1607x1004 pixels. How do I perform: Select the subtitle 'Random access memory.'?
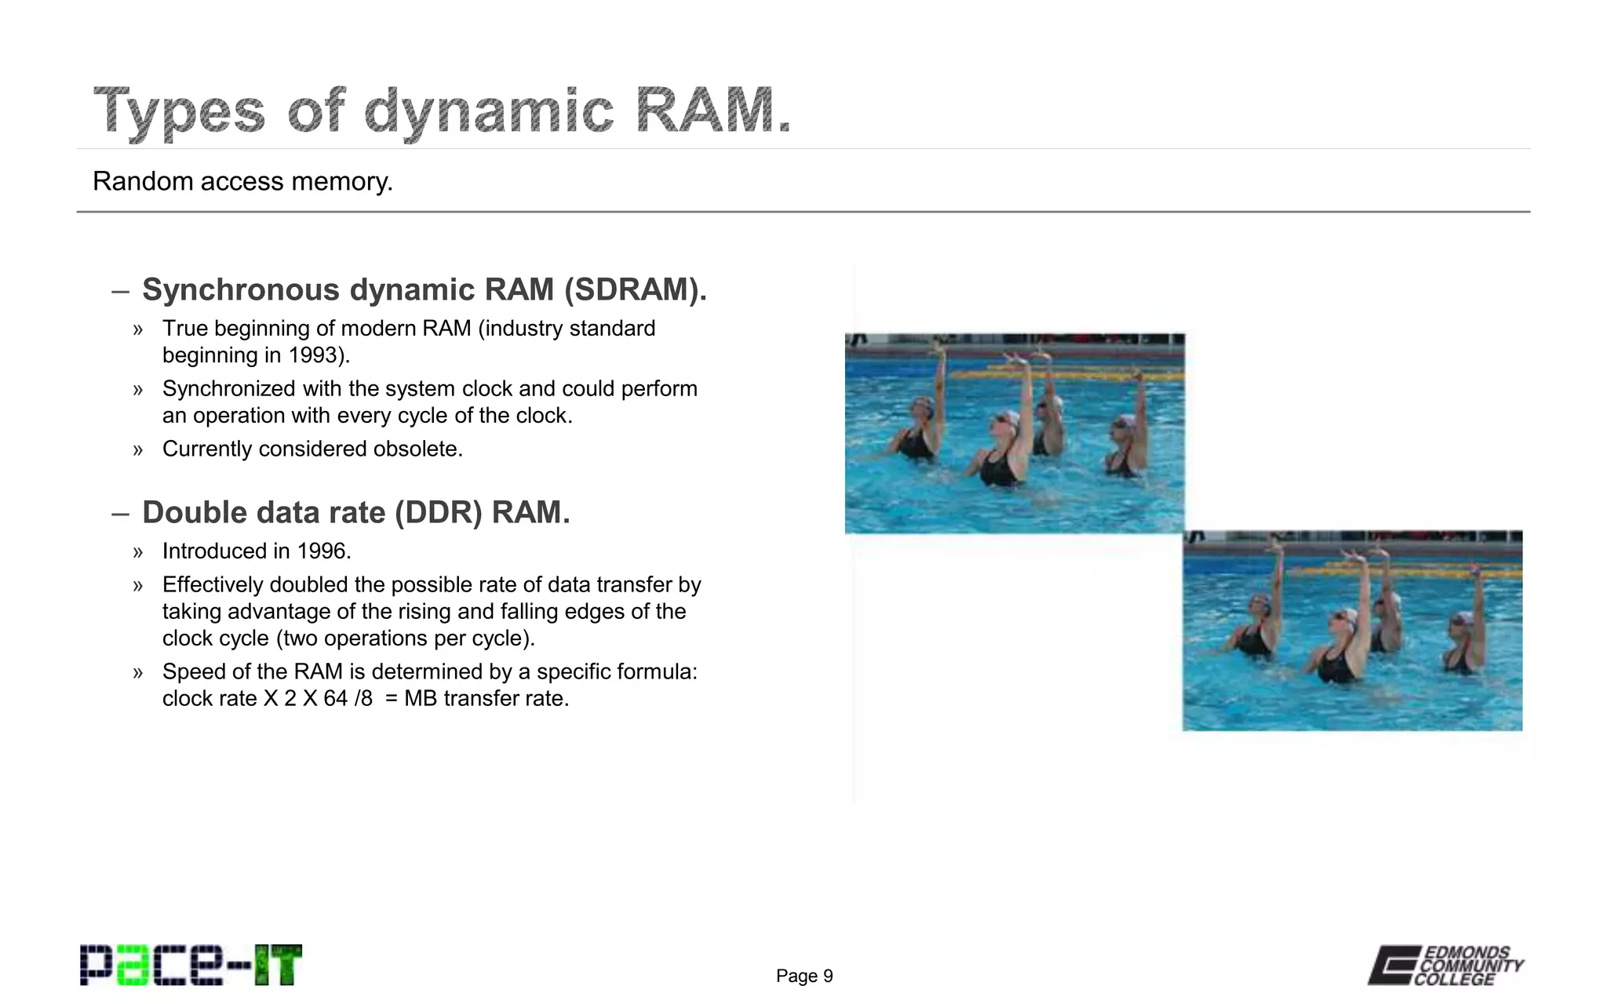point(242,181)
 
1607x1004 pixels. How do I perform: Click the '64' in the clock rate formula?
point(335,699)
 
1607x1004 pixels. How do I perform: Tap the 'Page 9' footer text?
point(804,976)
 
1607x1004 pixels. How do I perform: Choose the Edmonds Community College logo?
point(1445,965)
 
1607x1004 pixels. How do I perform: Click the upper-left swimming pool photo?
point(1015,434)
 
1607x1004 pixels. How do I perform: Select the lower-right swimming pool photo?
point(1353,631)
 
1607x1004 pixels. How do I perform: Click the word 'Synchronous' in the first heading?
point(241,289)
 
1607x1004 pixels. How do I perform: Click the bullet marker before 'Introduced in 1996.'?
point(138,552)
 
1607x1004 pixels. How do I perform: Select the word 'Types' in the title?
point(180,111)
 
